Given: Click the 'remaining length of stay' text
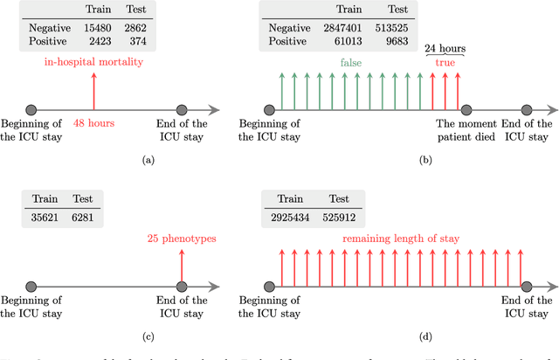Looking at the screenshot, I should (402, 237).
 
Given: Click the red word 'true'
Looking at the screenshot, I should (445, 63).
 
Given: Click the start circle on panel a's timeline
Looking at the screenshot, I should (31, 110).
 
